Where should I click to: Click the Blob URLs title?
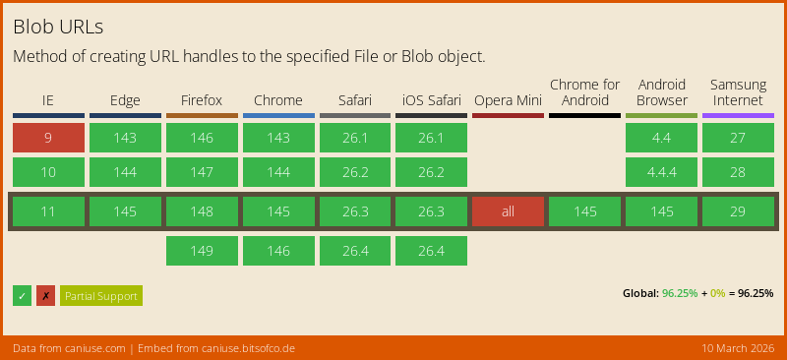(x=58, y=26)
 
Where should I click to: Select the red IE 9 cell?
(x=48, y=138)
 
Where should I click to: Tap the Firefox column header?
(x=202, y=100)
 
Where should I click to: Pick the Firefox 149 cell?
(x=202, y=251)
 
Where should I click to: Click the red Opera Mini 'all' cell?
(x=508, y=211)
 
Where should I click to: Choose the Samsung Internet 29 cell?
(x=738, y=211)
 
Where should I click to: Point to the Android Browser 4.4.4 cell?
(x=661, y=172)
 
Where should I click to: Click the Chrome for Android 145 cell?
(x=584, y=211)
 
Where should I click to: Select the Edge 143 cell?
(x=125, y=138)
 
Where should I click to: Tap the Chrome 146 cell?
(x=278, y=251)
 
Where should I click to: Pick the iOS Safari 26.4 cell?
(x=431, y=251)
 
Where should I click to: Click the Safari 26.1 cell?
(x=354, y=138)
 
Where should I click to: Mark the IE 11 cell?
(x=48, y=211)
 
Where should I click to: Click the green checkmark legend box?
(x=23, y=296)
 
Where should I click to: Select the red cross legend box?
(x=45, y=296)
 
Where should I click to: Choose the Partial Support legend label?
(x=101, y=296)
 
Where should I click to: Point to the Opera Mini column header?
(x=508, y=100)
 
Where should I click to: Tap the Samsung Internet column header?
(x=738, y=92)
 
